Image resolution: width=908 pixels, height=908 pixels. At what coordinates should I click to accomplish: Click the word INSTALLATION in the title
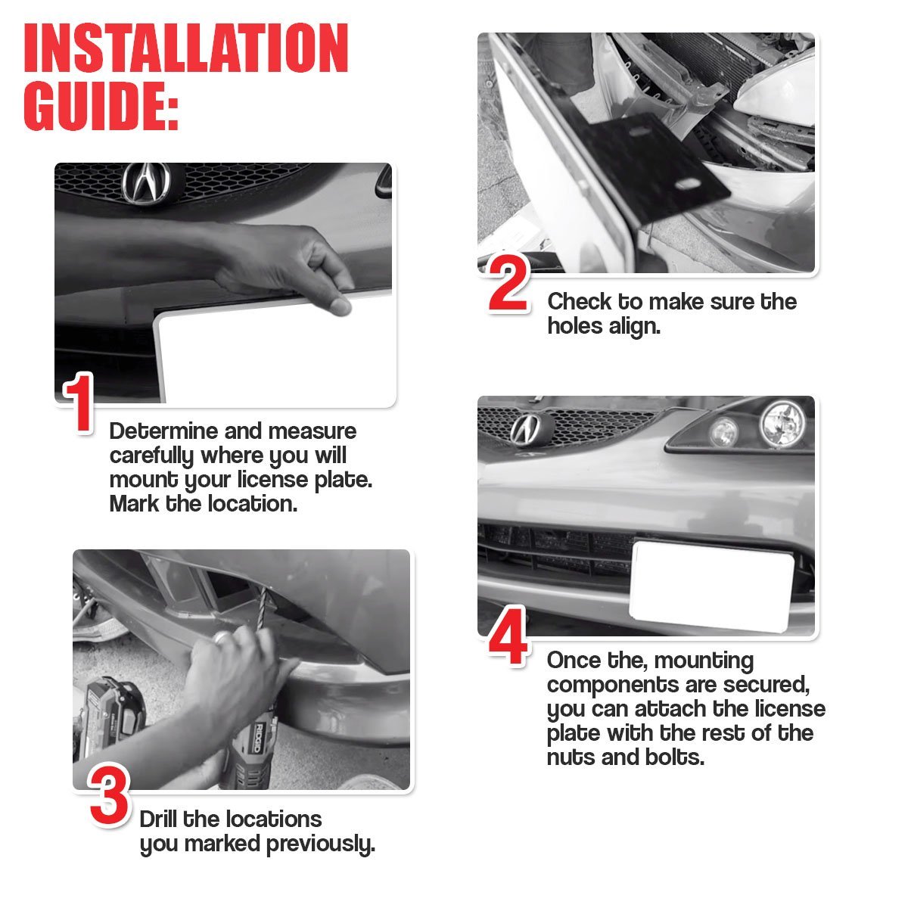point(185,48)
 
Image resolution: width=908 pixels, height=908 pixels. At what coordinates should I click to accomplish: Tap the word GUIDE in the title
point(95,105)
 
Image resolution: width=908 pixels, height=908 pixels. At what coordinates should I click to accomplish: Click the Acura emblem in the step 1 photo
point(145,184)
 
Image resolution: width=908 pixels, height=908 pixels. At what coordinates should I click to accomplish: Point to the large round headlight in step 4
point(782,423)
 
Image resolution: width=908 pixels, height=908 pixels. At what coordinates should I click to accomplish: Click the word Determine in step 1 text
point(163,431)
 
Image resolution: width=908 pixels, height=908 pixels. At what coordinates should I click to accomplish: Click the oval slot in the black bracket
point(689,184)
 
